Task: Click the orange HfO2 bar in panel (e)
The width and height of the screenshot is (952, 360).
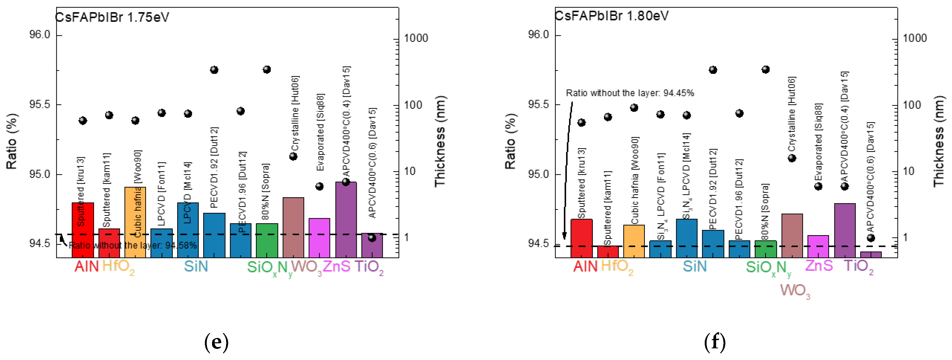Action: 135,222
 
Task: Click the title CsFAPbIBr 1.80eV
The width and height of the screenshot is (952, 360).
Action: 612,16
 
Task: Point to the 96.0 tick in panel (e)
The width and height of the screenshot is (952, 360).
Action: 39,35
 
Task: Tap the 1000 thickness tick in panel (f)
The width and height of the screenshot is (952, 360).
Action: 914,38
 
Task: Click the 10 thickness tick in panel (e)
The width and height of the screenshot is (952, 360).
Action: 409,172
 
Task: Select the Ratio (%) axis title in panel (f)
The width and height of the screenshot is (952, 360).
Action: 510,141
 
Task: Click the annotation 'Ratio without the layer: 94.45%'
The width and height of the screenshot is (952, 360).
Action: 630,93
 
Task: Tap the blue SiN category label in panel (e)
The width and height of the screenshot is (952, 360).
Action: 196,266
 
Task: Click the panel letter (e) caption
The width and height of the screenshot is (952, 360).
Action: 216,342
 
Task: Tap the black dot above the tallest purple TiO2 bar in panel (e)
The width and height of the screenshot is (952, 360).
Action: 346,182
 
